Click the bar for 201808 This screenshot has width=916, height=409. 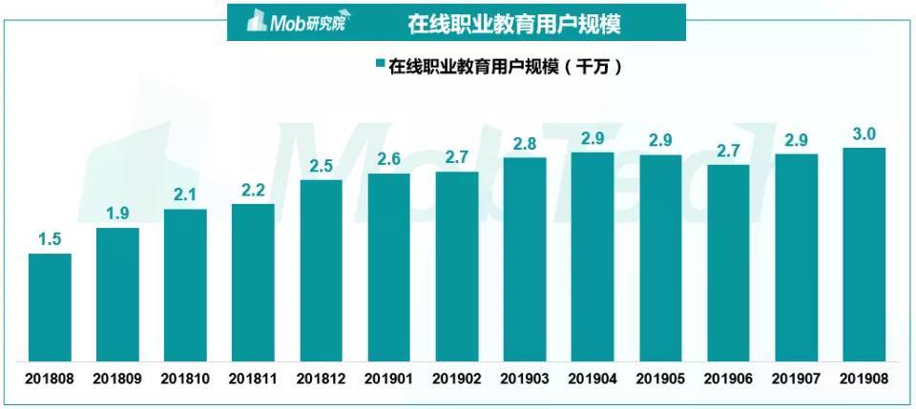[50, 307]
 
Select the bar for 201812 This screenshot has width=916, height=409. [321, 271]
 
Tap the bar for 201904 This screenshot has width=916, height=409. [592, 256]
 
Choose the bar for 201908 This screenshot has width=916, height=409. [864, 255]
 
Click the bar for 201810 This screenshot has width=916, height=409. [185, 285]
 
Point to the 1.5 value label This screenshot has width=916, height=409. [50, 240]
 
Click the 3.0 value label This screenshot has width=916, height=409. [864, 134]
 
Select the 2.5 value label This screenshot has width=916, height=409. [321, 167]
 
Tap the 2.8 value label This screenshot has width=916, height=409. [524, 144]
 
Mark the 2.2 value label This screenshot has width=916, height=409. [253, 191]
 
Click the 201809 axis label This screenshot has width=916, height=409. [117, 378]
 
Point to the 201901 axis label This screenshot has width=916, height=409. [388, 378]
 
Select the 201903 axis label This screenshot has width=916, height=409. [524, 378]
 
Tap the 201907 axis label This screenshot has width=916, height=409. [795, 378]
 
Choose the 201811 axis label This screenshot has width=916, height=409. [253, 378]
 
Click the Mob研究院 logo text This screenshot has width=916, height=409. [298, 22]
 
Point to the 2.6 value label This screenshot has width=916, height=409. [388, 160]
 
